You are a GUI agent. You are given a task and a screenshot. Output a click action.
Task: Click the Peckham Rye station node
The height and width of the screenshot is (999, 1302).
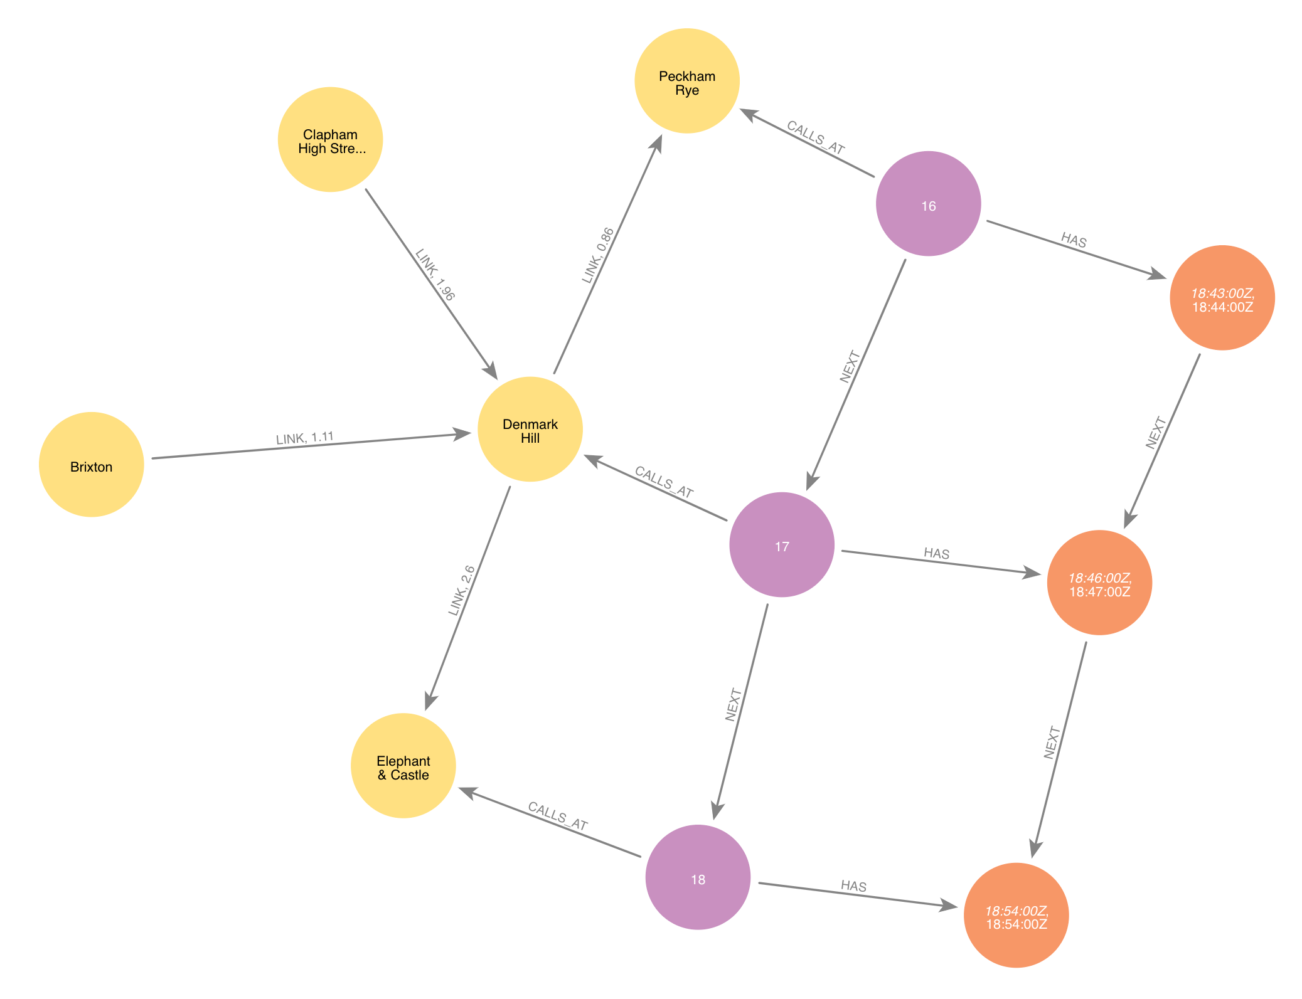(x=686, y=81)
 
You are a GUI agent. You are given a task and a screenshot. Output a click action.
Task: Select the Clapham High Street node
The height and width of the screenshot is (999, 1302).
(x=330, y=140)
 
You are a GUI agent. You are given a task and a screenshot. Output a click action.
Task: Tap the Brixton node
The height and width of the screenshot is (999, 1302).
(x=92, y=465)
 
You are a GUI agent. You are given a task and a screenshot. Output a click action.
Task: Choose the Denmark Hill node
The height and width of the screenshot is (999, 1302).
(x=530, y=430)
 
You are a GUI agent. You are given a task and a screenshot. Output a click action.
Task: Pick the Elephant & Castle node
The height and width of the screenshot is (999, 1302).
(x=403, y=766)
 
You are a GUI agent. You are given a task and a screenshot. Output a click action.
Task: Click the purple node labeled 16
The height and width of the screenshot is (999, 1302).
(x=928, y=204)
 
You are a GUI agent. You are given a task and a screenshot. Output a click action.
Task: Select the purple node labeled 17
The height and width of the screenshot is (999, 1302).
(x=782, y=545)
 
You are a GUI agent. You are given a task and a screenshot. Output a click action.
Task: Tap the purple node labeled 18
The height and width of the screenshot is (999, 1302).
(x=698, y=877)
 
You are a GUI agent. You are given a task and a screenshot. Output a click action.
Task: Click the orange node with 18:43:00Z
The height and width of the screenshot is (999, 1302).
(x=1222, y=298)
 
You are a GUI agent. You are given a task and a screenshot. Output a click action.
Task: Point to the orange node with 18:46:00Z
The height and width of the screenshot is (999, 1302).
(x=1099, y=583)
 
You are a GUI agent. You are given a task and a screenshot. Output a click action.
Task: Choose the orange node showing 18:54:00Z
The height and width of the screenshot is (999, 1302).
(x=1016, y=916)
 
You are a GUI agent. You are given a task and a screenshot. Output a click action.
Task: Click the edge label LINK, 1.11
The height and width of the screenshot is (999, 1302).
(x=305, y=438)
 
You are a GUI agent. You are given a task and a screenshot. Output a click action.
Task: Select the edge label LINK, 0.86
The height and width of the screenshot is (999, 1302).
(x=598, y=255)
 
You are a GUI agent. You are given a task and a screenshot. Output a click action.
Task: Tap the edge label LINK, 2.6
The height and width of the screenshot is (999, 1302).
(x=461, y=591)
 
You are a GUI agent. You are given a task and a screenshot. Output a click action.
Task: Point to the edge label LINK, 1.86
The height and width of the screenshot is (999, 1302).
(x=435, y=275)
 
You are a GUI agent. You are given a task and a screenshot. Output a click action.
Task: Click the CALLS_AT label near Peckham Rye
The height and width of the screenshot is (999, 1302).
(x=816, y=137)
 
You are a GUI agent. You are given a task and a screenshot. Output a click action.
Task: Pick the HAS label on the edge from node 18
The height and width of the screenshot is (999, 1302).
(x=853, y=885)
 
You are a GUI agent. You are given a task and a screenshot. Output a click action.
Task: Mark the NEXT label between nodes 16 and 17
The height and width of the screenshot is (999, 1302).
(x=850, y=367)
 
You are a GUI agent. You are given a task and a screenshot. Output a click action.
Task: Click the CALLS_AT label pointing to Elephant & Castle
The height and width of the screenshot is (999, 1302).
(x=558, y=816)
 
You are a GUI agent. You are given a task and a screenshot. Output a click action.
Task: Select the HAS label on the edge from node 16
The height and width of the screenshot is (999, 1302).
(x=1074, y=240)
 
